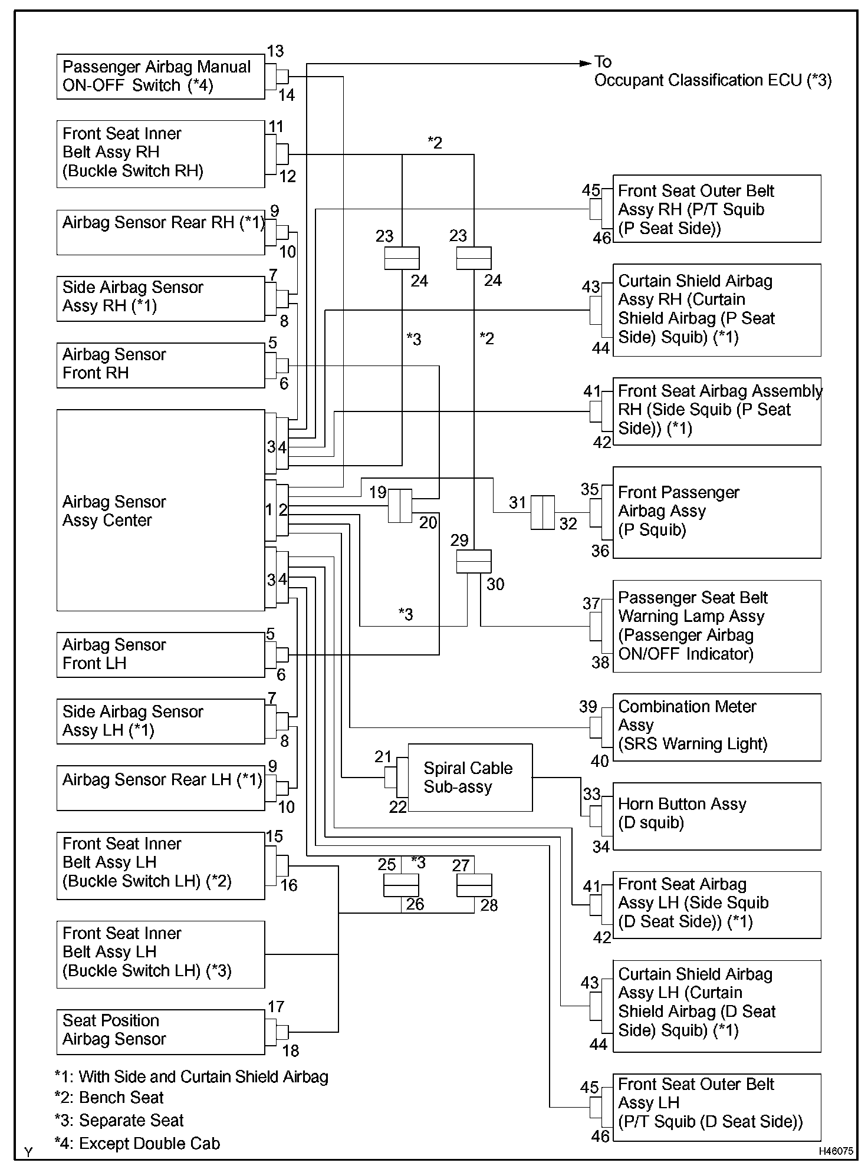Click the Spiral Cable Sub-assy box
[x=470, y=777]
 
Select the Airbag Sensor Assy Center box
[x=160, y=510]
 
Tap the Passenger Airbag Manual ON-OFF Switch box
[x=160, y=77]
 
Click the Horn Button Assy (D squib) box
[x=716, y=816]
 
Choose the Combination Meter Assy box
[x=716, y=727]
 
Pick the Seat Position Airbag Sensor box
[x=160, y=1032]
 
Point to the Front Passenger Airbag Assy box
[x=716, y=512]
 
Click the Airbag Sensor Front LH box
[x=160, y=654]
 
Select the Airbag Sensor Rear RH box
[x=160, y=232]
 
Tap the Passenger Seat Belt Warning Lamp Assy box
[x=716, y=626]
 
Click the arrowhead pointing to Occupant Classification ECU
[x=586, y=63]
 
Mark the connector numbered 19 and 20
[x=400, y=506]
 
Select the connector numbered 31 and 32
[x=542, y=512]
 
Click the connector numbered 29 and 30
[x=474, y=561]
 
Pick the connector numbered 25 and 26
[x=401, y=885]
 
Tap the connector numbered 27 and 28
[x=474, y=885]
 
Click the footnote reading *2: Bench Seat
[x=109, y=1098]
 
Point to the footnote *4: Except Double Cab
[x=137, y=1144]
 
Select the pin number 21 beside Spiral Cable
[x=383, y=757]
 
